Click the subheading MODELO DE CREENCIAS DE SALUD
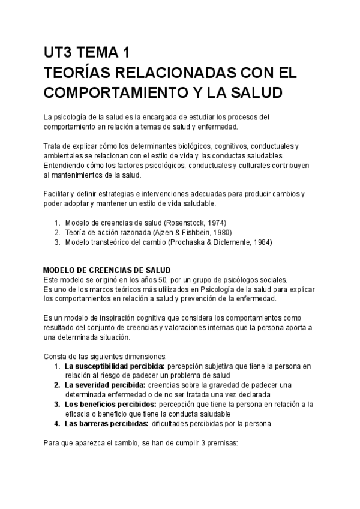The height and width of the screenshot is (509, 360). click(108, 270)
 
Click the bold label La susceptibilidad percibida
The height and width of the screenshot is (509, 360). click(115, 365)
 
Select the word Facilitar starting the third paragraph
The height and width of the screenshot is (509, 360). click(58, 193)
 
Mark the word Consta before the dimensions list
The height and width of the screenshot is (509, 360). click(56, 355)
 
